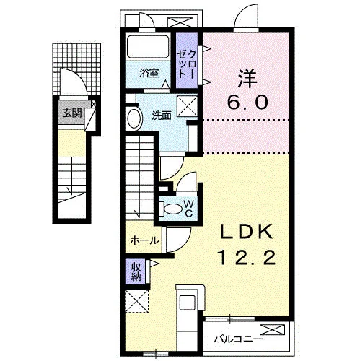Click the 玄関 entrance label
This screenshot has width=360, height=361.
[x=72, y=113]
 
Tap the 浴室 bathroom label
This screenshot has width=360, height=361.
[x=149, y=73]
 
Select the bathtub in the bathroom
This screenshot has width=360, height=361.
[x=148, y=47]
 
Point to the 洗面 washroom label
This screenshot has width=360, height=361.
[x=162, y=116]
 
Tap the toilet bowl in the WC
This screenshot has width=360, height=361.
[x=172, y=209]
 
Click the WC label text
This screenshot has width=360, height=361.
[x=189, y=209]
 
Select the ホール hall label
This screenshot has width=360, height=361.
[x=145, y=240]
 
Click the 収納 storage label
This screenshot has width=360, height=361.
[x=136, y=271]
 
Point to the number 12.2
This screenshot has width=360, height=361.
[x=247, y=257]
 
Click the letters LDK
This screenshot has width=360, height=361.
[x=247, y=232]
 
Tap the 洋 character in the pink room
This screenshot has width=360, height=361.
[x=247, y=79]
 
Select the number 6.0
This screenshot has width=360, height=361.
[x=247, y=102]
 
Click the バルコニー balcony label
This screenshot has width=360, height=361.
[x=238, y=339]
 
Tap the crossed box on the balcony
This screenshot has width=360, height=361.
[x=272, y=329]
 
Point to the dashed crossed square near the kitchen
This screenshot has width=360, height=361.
[x=137, y=301]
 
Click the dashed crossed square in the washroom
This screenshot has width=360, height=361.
[x=187, y=106]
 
